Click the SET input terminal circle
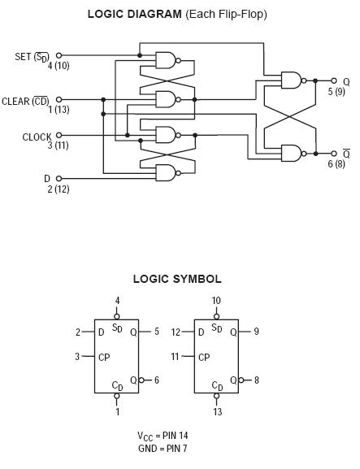pyautogui.click(x=59, y=55)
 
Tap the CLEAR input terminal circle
pyautogui.click(x=59, y=99)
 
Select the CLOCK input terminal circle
pyautogui.click(x=59, y=135)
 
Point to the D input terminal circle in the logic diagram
pyautogui.click(x=59, y=179)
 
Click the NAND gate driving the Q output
pyautogui.click(x=292, y=80)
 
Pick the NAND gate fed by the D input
pyautogui.click(x=166, y=173)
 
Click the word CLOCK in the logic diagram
pyautogui.click(x=37, y=137)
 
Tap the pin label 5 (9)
pyautogui.click(x=336, y=92)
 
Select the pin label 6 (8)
pyautogui.click(x=336, y=164)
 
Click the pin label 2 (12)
pyautogui.click(x=59, y=189)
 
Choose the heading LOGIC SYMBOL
pyautogui.click(x=177, y=279)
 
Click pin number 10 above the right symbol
pyautogui.click(x=216, y=301)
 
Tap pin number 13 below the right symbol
pyautogui.click(x=218, y=412)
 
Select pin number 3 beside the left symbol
pyautogui.click(x=77, y=356)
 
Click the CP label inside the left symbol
pyautogui.click(x=104, y=357)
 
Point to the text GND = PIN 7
pyautogui.click(x=163, y=449)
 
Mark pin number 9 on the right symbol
pyautogui.click(x=256, y=332)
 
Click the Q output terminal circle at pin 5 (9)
pyautogui.click(x=334, y=80)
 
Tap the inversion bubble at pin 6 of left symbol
pyautogui.click(x=141, y=380)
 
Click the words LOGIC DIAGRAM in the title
pyautogui.click(x=135, y=14)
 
